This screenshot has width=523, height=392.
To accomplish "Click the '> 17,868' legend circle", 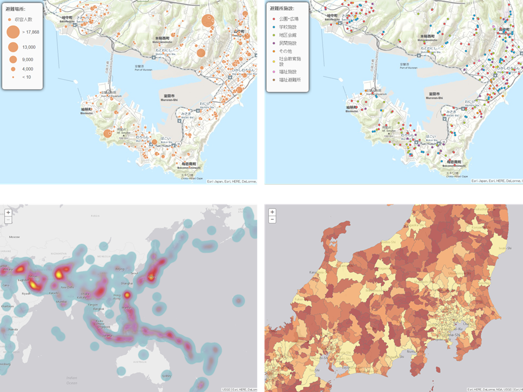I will pos(13,32).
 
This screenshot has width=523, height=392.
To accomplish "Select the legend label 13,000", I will pos(29,47).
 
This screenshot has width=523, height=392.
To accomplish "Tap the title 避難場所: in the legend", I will pos(15,9).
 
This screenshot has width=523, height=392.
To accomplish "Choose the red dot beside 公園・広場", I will pos(273,18).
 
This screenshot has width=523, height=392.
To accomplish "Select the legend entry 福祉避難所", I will pos(289,80).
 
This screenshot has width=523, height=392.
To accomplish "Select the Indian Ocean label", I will pos(72,380).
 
